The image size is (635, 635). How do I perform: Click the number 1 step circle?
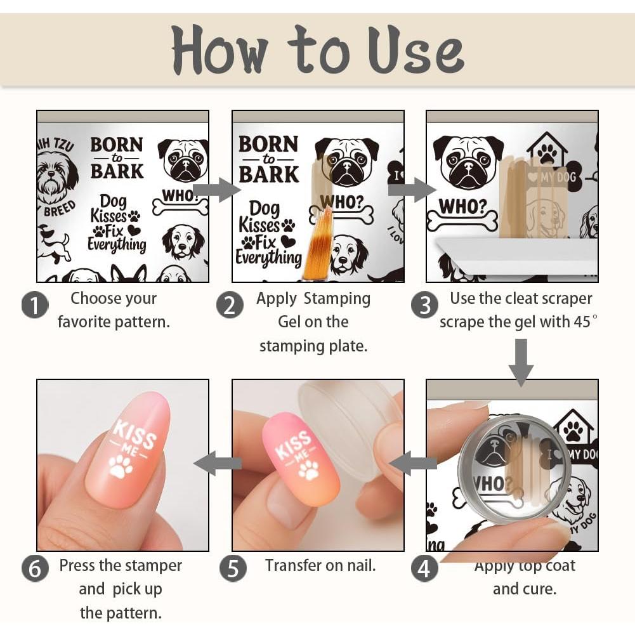point(35,305)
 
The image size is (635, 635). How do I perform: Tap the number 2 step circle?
point(230,305)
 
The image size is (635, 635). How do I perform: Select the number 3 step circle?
point(424,305)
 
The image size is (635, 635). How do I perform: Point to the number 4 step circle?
point(424,568)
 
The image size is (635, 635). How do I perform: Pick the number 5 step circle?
point(233,568)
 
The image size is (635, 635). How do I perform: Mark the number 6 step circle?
point(35,568)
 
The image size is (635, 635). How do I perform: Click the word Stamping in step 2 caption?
point(336,298)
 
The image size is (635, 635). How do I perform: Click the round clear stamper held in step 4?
point(514,468)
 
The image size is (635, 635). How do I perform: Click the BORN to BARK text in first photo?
point(117,158)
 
